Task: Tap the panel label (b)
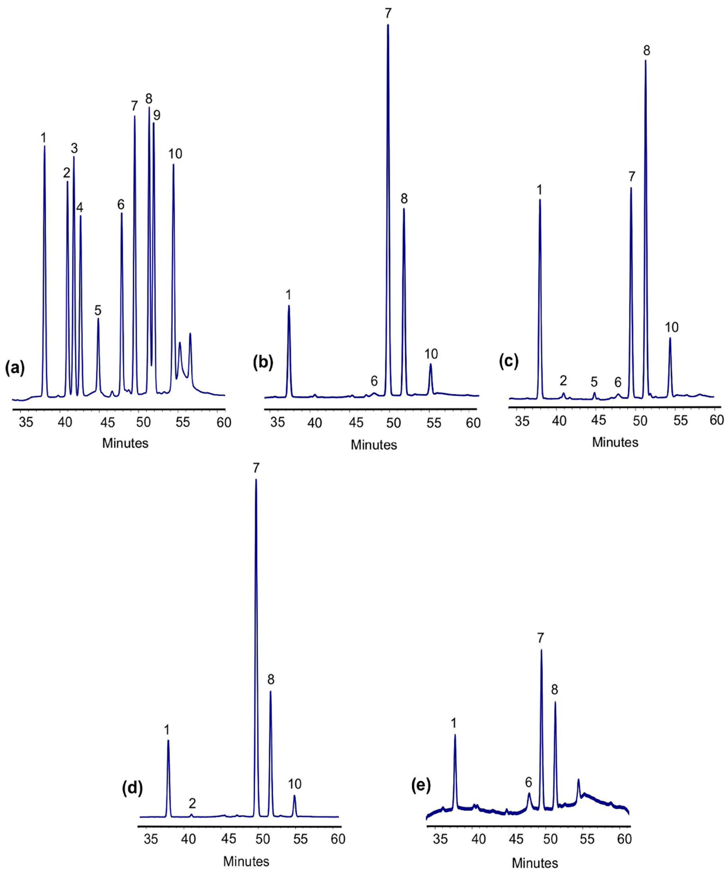coord(263,363)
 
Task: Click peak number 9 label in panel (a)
coord(157,115)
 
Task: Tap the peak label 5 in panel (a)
coord(98,310)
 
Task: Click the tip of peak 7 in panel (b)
coord(388,25)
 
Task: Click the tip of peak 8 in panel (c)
coord(646,61)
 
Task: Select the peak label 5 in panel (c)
coord(594,381)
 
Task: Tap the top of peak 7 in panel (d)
coord(256,479)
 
